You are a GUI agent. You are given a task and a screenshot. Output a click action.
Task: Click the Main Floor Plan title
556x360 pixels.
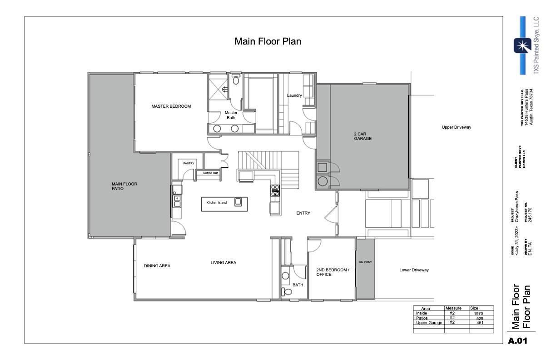pos(268,41)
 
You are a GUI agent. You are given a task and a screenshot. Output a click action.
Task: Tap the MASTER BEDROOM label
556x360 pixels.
pos(171,106)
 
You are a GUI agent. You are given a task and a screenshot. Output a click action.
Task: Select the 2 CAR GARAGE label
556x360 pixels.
pos(363,136)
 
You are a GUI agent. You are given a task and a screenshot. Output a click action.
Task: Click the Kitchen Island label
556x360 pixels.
pos(217,203)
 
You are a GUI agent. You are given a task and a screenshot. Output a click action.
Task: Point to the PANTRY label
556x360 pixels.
pos(189,163)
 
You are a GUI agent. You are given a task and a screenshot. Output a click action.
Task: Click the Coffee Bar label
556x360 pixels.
pos(211,173)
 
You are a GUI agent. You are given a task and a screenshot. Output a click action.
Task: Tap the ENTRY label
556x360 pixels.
pos(303,213)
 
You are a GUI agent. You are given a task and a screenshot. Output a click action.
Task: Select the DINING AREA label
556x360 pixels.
pos(157,266)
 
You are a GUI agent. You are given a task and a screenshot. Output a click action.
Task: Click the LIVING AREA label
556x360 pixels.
pos(223,262)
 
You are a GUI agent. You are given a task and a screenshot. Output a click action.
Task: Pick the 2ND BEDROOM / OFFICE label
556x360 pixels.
pos(333,272)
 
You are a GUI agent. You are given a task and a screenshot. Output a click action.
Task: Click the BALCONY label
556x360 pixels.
pos(365,262)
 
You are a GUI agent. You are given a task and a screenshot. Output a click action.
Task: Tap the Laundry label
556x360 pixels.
pos(294,95)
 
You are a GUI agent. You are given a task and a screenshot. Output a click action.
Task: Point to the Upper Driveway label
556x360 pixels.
pos(457,127)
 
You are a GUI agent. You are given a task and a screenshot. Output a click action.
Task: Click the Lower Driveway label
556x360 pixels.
pos(414,270)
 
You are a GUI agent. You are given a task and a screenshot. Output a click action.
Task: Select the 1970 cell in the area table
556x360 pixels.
pos(478,314)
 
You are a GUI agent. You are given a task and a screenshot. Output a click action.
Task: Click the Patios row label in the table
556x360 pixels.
pos(422,318)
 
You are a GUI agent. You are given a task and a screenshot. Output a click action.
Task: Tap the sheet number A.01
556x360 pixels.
pos(517,340)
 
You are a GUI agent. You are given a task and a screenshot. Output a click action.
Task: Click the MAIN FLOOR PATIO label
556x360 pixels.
pos(124,186)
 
